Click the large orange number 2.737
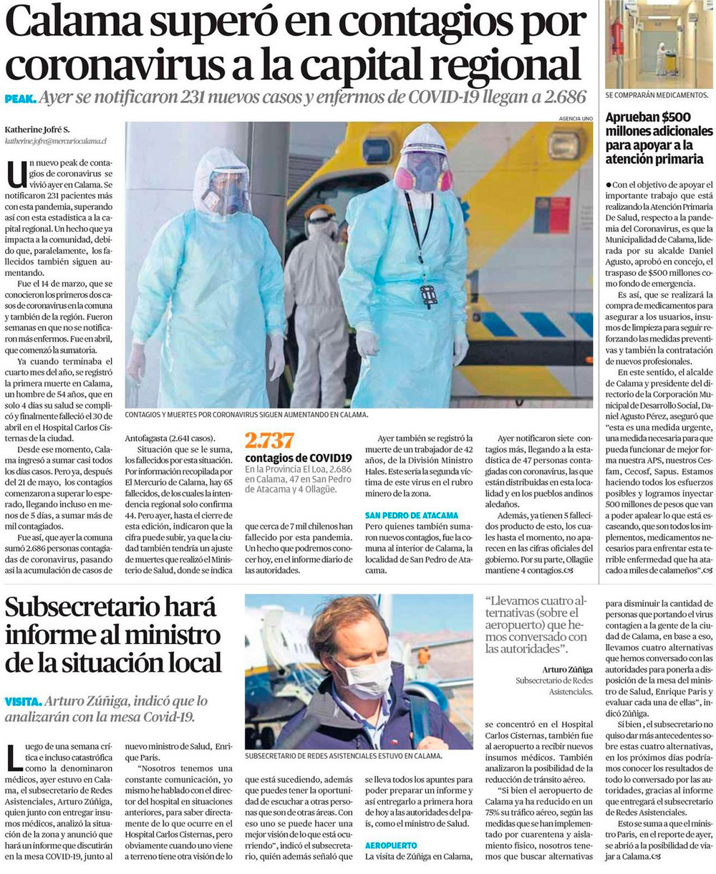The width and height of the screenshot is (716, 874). [x=269, y=441]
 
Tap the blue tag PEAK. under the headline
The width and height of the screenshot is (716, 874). [x=20, y=98]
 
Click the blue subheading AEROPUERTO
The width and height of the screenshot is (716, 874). [x=390, y=845]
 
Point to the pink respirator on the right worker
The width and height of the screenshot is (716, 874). [x=424, y=176]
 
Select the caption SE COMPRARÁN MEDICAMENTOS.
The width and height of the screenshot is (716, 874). [x=657, y=95]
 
